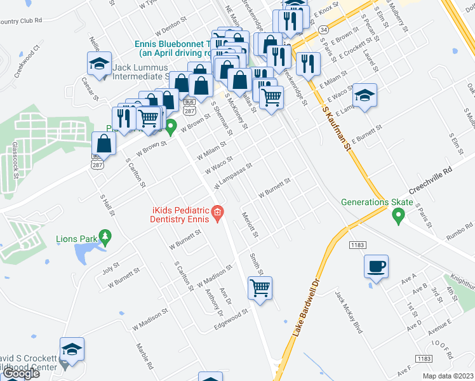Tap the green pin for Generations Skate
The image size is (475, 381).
[x=398, y=217]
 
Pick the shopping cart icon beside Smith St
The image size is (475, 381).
[x=260, y=288]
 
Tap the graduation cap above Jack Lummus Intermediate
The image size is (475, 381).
[x=99, y=63]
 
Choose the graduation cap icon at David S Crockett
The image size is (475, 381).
[x=72, y=349]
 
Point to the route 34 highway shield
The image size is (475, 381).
[x=323, y=29]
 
